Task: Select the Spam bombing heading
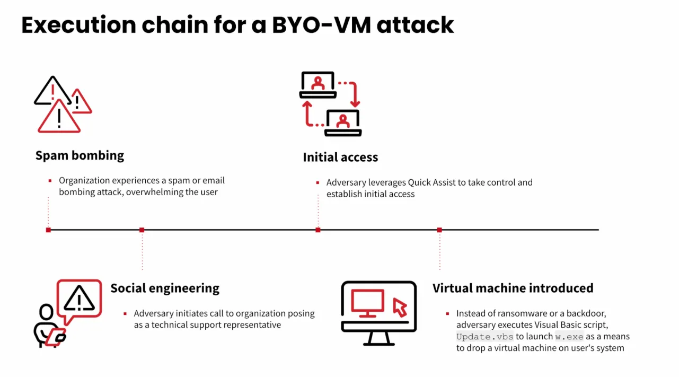tap(80, 155)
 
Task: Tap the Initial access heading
tap(340, 157)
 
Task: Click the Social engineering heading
tap(165, 288)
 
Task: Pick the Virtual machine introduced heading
tap(513, 288)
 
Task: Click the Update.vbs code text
tap(484, 337)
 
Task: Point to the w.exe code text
tap(569, 337)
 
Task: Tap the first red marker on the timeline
tap(49, 230)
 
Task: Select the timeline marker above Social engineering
tap(142, 230)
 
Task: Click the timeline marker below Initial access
tap(318, 230)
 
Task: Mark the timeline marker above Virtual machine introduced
tap(439, 230)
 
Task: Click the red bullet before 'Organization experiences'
tap(50, 181)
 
